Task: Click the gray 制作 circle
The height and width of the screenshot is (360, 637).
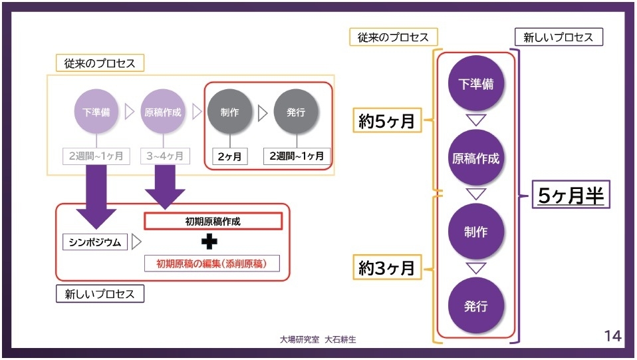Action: (x=229, y=112)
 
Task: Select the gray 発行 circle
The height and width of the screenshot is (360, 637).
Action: (x=296, y=112)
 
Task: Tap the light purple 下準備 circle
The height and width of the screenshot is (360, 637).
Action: (x=96, y=112)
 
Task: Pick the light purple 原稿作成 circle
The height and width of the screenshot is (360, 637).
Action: (x=163, y=112)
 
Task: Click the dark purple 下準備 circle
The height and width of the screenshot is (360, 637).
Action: (x=475, y=84)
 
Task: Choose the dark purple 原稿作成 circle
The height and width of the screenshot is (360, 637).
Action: (x=475, y=158)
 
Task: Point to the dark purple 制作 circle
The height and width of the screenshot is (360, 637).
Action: (x=475, y=232)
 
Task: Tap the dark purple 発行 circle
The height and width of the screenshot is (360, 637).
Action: (x=475, y=306)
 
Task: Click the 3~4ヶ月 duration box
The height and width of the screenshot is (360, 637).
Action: (x=165, y=156)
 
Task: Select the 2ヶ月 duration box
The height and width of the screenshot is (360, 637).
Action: (x=229, y=156)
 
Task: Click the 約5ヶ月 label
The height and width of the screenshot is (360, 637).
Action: (x=387, y=121)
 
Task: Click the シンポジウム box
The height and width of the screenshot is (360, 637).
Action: (x=96, y=242)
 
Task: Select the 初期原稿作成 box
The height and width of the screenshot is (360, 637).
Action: (x=213, y=221)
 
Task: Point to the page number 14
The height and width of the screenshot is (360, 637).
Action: (x=612, y=336)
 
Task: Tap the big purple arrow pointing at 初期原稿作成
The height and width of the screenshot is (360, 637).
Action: (x=164, y=185)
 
